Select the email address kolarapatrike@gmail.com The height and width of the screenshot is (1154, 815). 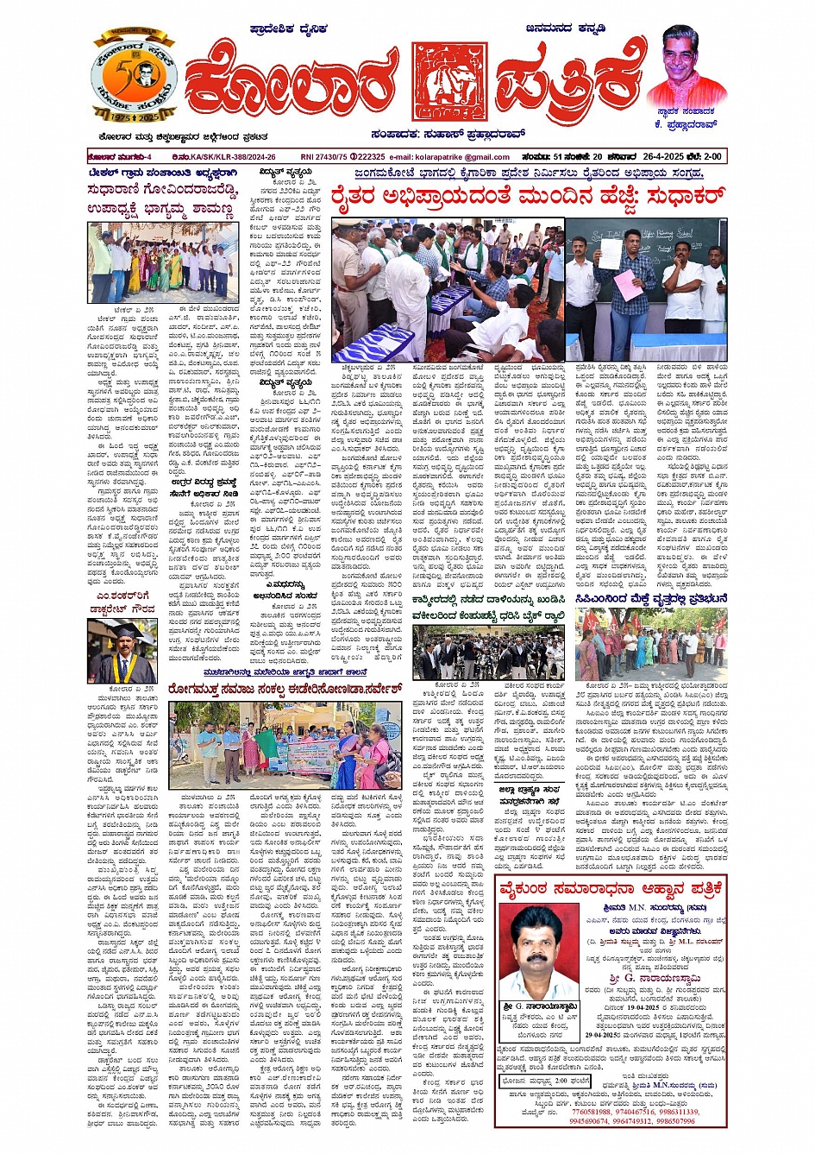pos(463,157)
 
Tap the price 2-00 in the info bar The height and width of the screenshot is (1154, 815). pos(712,157)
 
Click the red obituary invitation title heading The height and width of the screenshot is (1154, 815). pos(612,889)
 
